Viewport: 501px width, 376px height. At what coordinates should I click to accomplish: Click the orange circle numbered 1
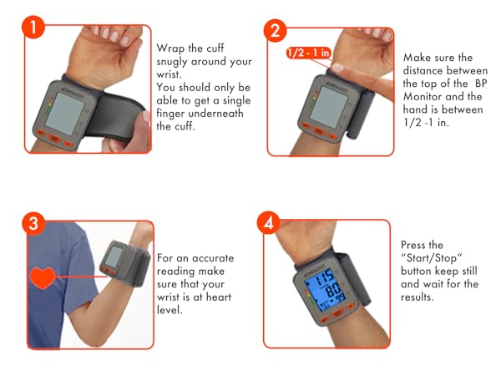tap(33, 28)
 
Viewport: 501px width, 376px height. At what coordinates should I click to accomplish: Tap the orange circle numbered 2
tap(275, 31)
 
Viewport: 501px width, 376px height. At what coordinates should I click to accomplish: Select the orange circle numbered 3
tap(33, 223)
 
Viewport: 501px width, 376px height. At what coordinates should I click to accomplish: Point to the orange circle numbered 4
tap(268, 222)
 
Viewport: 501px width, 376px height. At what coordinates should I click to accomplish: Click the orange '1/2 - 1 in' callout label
tap(308, 53)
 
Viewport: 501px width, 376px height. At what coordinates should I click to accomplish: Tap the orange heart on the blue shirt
tap(43, 277)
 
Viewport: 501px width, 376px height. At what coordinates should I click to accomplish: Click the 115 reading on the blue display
tap(325, 277)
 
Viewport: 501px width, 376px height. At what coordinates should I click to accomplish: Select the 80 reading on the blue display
tap(332, 290)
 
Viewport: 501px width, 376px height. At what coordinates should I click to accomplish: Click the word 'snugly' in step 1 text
tap(172, 62)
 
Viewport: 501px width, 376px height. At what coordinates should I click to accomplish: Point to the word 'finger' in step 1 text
tap(170, 114)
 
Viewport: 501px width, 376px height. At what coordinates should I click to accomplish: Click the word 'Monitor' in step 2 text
tap(422, 96)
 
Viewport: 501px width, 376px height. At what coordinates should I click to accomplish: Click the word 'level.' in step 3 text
tap(170, 309)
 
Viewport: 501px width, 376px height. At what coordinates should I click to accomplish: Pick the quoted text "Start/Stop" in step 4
tap(432, 257)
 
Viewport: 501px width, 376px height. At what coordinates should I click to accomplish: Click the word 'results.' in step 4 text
tap(417, 297)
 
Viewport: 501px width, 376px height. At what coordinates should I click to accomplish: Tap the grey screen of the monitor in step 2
tap(328, 106)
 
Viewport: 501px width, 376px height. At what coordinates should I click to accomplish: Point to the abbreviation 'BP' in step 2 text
tap(481, 83)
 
